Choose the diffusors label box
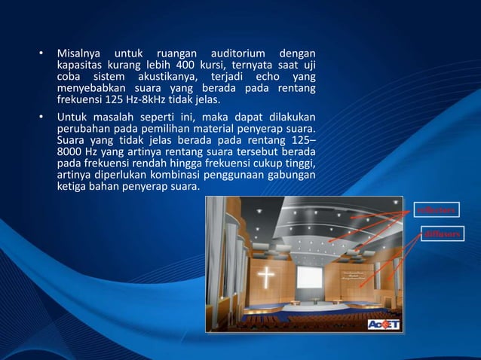coord(441,235)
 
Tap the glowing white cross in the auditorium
coord(266,278)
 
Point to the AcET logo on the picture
coord(384,325)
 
